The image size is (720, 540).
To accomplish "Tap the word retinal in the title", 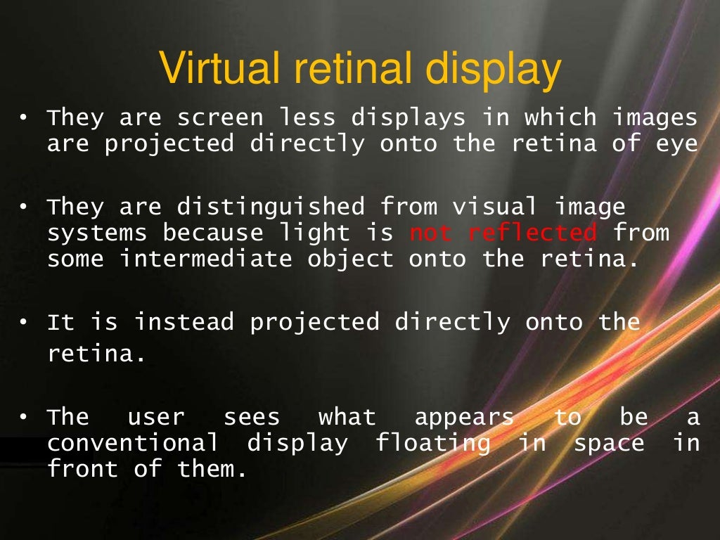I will pyautogui.click(x=360, y=70).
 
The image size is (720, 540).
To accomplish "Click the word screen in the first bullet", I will pyautogui.click(x=220, y=117).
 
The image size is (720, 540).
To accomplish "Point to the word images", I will pyautogui.click(x=655, y=118).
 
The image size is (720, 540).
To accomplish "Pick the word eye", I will pyautogui.click(x=676, y=145).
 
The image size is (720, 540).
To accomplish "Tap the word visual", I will pyautogui.click(x=494, y=207).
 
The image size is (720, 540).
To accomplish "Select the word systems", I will pyautogui.click(x=97, y=233).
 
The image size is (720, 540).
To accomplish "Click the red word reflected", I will pyautogui.click(x=532, y=233).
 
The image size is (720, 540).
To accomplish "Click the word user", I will pyautogui.click(x=155, y=418).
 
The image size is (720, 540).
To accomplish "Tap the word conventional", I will pyautogui.click(x=132, y=443).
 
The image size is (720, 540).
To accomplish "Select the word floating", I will pyautogui.click(x=432, y=443).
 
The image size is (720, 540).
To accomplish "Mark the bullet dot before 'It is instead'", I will pyautogui.click(x=23, y=323).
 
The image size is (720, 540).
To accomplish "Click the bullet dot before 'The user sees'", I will pyautogui.click(x=23, y=418).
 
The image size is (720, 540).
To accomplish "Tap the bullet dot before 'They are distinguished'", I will pyautogui.click(x=23, y=207).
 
